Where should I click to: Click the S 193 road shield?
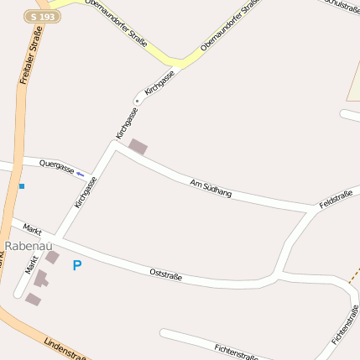42,16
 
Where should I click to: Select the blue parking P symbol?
77,265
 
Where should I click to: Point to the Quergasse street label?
57,166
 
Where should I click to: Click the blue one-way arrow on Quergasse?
81,175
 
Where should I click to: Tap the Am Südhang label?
211,189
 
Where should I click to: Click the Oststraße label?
166,274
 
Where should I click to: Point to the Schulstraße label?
339,7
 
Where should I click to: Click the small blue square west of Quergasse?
22,185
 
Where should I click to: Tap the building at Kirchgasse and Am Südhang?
137,147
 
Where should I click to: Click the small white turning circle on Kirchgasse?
137,101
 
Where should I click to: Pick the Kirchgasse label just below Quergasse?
86,191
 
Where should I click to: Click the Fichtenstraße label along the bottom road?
236,351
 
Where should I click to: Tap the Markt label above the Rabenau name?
33,229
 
